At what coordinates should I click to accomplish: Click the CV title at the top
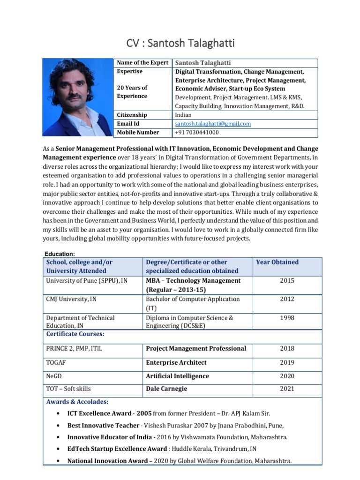tap(180, 44)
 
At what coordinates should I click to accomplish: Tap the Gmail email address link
tap(213, 124)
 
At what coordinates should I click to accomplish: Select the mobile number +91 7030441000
tap(197, 133)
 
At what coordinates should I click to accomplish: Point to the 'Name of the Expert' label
tap(142, 63)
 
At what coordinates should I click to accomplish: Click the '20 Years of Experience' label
tap(132, 92)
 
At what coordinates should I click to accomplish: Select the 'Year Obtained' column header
tap(277, 262)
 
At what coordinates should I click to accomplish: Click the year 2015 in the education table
tap(287, 281)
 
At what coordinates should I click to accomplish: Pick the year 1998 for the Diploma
tap(287, 318)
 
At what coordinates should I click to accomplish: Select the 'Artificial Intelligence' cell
tap(178, 376)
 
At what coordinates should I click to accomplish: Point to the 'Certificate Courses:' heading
tap(75, 334)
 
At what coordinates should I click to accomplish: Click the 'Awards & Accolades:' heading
tap(77, 402)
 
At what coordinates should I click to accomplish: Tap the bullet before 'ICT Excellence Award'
tap(57, 413)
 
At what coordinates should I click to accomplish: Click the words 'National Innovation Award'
tap(107, 461)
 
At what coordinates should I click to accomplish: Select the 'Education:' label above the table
tap(60, 254)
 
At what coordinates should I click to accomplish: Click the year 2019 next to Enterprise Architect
tap(287, 362)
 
